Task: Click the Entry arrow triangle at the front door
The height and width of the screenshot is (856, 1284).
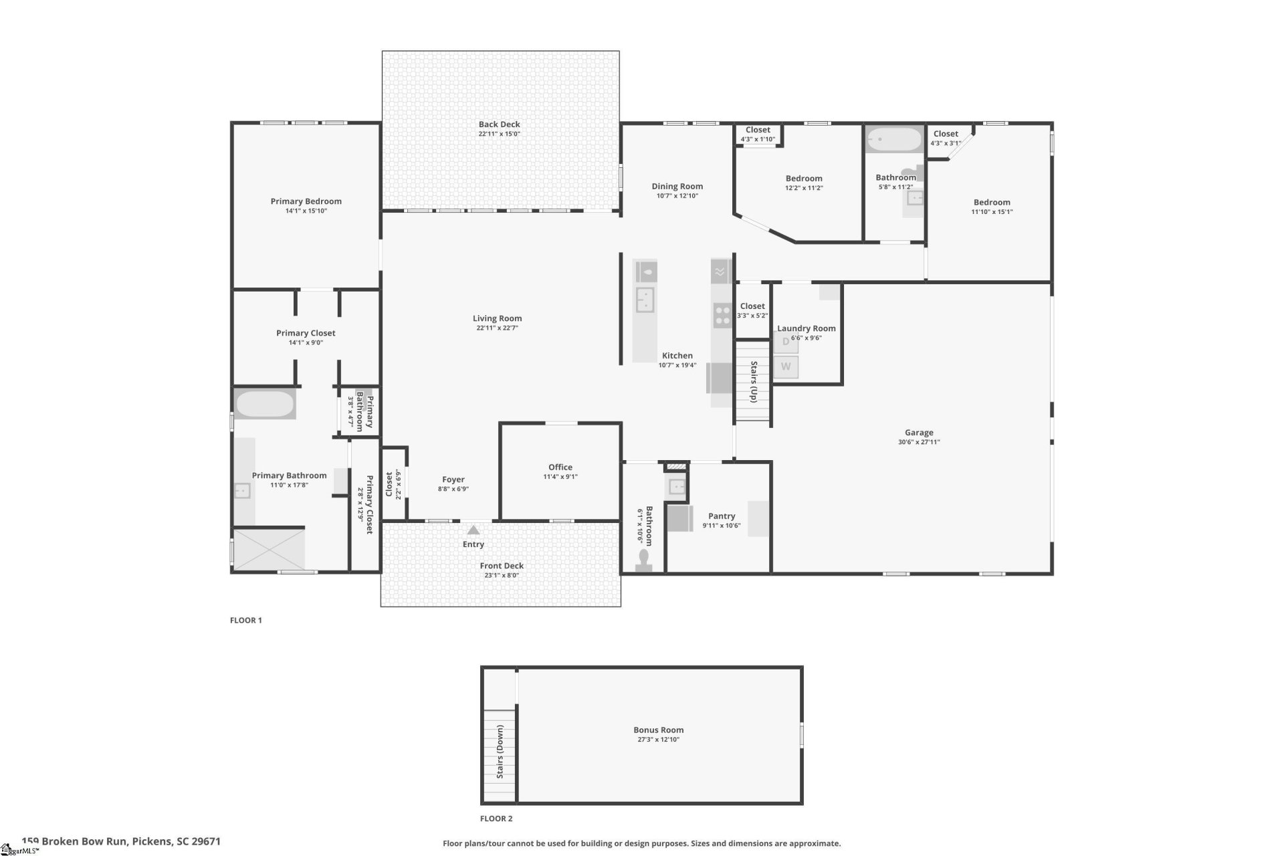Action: pos(473,530)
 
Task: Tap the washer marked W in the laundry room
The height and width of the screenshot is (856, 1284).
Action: pos(786,366)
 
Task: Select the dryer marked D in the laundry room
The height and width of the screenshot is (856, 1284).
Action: pos(786,342)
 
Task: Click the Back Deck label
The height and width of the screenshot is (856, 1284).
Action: pos(499,124)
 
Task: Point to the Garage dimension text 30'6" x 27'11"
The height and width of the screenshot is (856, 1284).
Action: pos(919,442)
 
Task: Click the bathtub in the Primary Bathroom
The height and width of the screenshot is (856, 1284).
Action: pos(265,404)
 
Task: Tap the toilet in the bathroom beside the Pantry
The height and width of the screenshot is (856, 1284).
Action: pos(645,560)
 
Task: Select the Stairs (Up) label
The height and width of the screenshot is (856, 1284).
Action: pos(754,382)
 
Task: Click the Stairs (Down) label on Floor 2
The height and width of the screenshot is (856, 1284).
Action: pos(500,752)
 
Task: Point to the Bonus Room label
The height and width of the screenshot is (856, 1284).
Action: pos(658,730)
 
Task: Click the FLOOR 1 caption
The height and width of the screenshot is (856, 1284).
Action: pos(246,621)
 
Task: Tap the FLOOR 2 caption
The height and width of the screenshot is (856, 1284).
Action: pos(496,819)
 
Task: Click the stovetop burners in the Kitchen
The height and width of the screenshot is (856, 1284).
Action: pos(722,315)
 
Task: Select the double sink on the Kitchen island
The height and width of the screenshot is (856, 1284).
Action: pos(645,300)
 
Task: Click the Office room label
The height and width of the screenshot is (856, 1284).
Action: pos(560,467)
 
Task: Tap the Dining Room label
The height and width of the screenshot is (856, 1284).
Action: pos(677,187)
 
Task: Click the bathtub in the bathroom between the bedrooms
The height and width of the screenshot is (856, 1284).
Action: pos(893,140)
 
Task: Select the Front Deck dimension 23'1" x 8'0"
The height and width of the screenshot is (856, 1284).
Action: pos(501,575)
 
